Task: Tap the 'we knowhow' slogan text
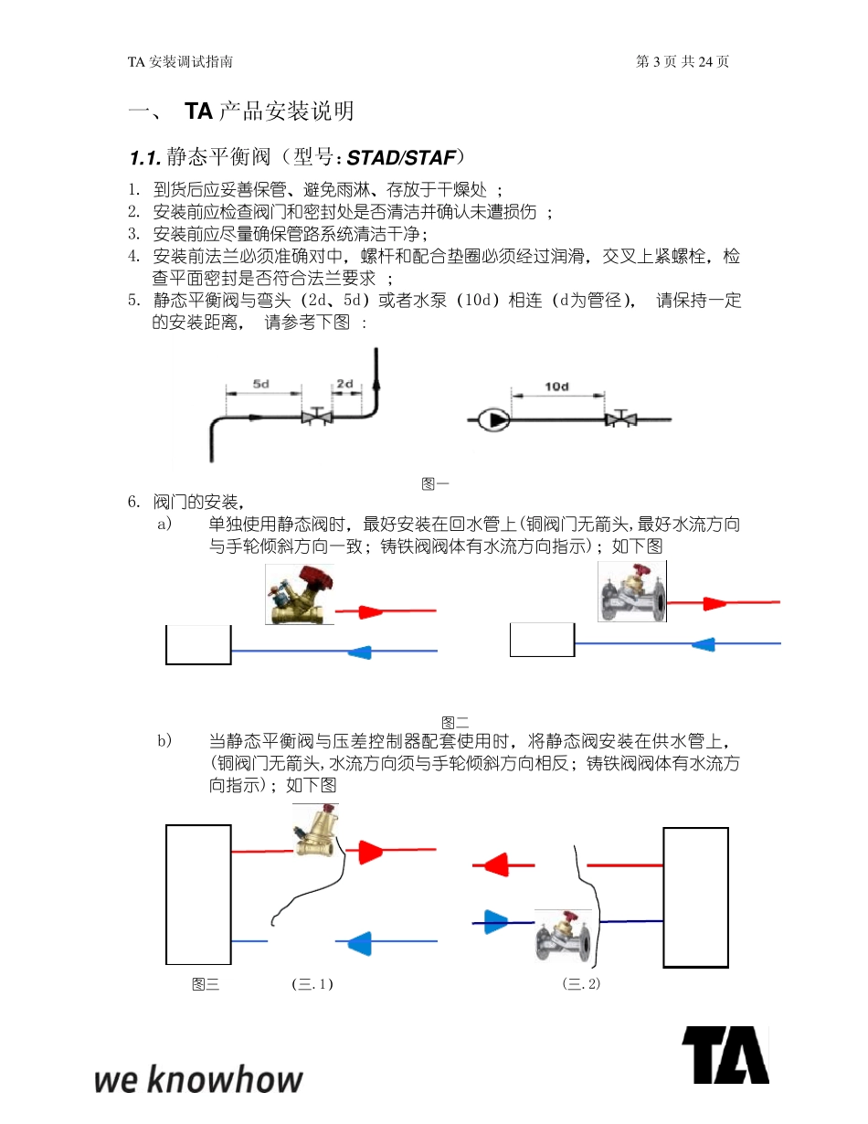pos(198,1079)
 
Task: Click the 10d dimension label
pos(556,387)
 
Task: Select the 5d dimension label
pos(261,384)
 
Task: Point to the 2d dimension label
pos(344,384)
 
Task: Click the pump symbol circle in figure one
pos(494,419)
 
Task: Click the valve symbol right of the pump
pos(621,419)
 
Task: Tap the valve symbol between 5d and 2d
pos(316,418)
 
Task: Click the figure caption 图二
pos(454,722)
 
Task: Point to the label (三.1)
pos(312,984)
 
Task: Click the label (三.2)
pos(582,984)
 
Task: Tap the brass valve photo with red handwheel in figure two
pos(300,595)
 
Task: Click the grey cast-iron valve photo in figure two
pos(632,591)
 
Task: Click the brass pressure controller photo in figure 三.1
pos(315,831)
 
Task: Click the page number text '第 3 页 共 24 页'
pos(682,61)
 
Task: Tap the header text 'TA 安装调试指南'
pos(180,61)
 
